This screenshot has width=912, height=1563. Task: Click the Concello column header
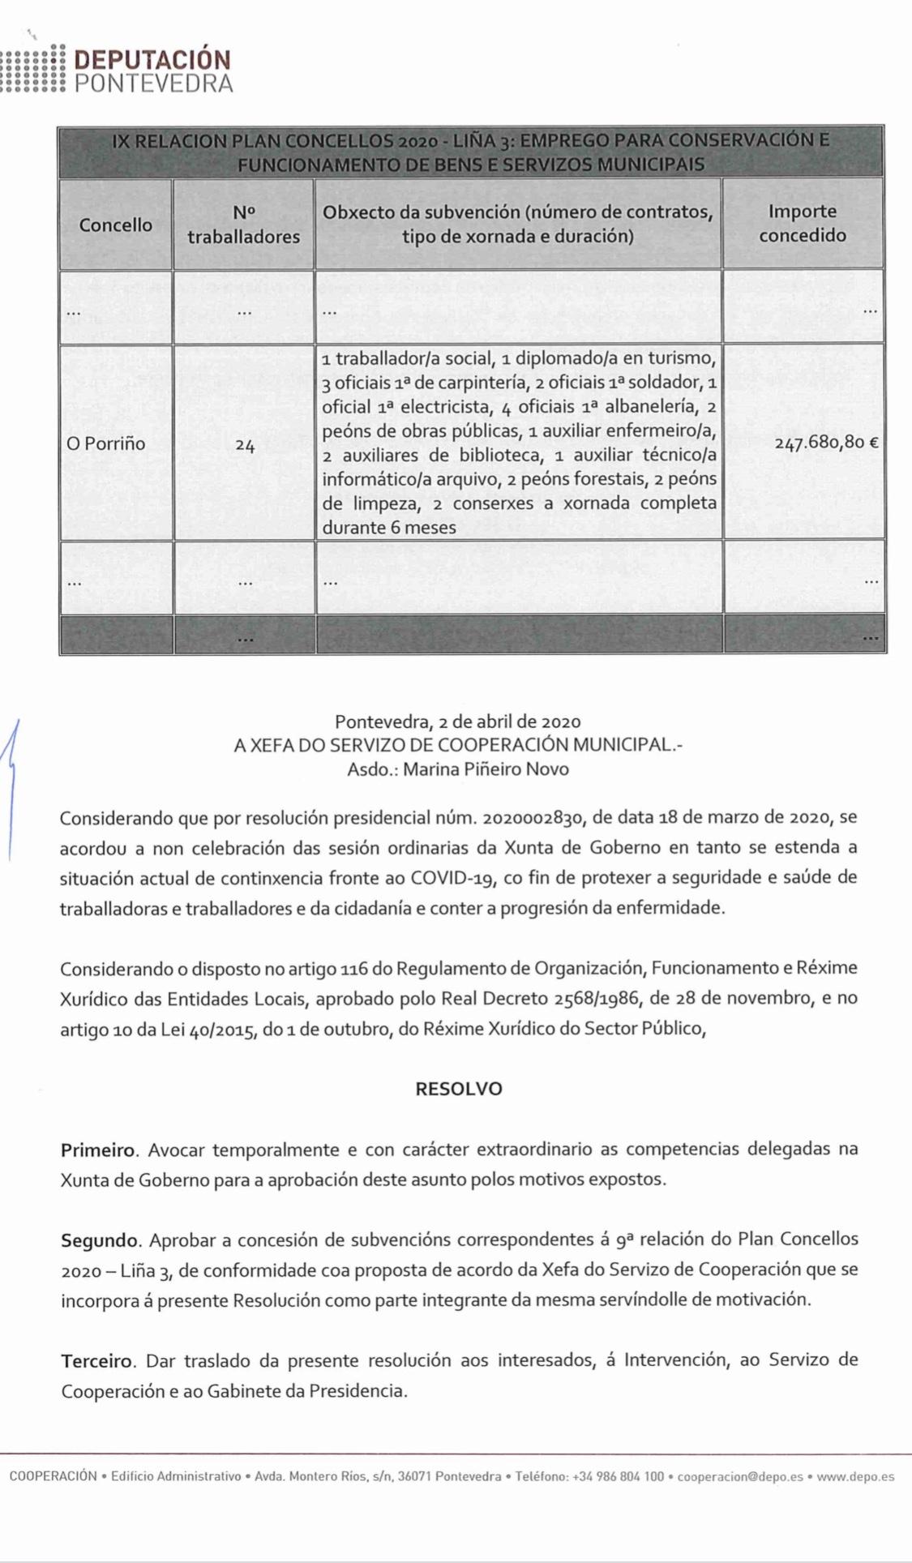pyautogui.click(x=115, y=225)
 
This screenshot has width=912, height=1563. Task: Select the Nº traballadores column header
pyautogui.click(x=243, y=225)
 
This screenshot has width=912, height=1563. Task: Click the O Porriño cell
pyautogui.click(x=106, y=443)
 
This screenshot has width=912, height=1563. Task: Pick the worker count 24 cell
pyautogui.click(x=245, y=444)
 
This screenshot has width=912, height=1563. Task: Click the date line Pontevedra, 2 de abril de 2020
pyautogui.click(x=457, y=721)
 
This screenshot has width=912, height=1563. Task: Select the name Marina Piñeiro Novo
pyautogui.click(x=486, y=769)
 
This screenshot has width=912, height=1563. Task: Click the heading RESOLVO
pyautogui.click(x=458, y=1089)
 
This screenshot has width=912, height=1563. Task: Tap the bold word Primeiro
pyautogui.click(x=96, y=1149)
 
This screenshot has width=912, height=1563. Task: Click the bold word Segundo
pyautogui.click(x=100, y=1240)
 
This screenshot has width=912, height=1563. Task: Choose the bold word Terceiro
pyautogui.click(x=98, y=1360)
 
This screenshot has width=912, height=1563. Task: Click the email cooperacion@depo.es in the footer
pyautogui.click(x=740, y=1477)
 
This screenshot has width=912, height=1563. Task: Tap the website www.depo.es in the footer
pyautogui.click(x=855, y=1477)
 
